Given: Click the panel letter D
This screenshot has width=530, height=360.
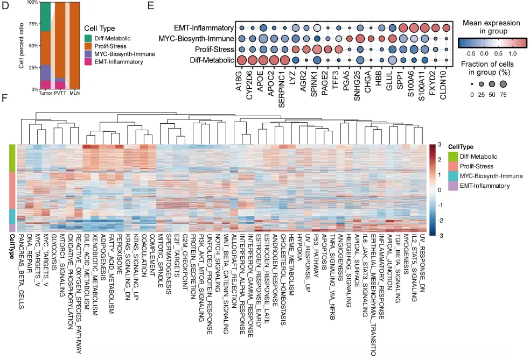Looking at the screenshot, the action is (5, 5).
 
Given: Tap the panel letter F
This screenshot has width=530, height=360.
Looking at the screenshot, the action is (4, 98).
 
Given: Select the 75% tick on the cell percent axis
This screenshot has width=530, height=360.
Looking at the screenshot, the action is (33, 24).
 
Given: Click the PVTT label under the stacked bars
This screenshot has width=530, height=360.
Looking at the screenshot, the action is (60, 93).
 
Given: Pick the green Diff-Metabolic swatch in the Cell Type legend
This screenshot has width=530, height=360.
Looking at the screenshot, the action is (88, 39).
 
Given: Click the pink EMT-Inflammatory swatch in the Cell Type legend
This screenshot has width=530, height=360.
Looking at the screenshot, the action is (88, 62).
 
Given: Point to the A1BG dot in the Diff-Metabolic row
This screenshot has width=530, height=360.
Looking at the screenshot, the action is (241, 60).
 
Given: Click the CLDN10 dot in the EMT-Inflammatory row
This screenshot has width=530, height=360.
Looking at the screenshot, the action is (447, 27).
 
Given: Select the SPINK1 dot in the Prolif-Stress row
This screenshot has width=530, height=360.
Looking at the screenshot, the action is (317, 50).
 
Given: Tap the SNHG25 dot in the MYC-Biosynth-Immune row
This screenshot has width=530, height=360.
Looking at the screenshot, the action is (360, 39).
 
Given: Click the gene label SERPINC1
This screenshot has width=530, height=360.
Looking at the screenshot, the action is (282, 89).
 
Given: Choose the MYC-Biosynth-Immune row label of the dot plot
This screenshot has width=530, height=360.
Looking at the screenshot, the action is (197, 39).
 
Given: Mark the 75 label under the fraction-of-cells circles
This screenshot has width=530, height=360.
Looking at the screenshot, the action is (503, 95).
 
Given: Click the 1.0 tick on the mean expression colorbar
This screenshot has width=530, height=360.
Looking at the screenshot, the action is (512, 53).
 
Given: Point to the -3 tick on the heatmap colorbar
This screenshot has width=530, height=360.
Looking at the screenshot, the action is (440, 235).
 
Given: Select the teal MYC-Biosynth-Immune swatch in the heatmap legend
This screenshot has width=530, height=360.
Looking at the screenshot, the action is (453, 176).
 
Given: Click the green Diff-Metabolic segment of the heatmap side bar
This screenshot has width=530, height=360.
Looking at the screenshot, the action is (12, 158).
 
